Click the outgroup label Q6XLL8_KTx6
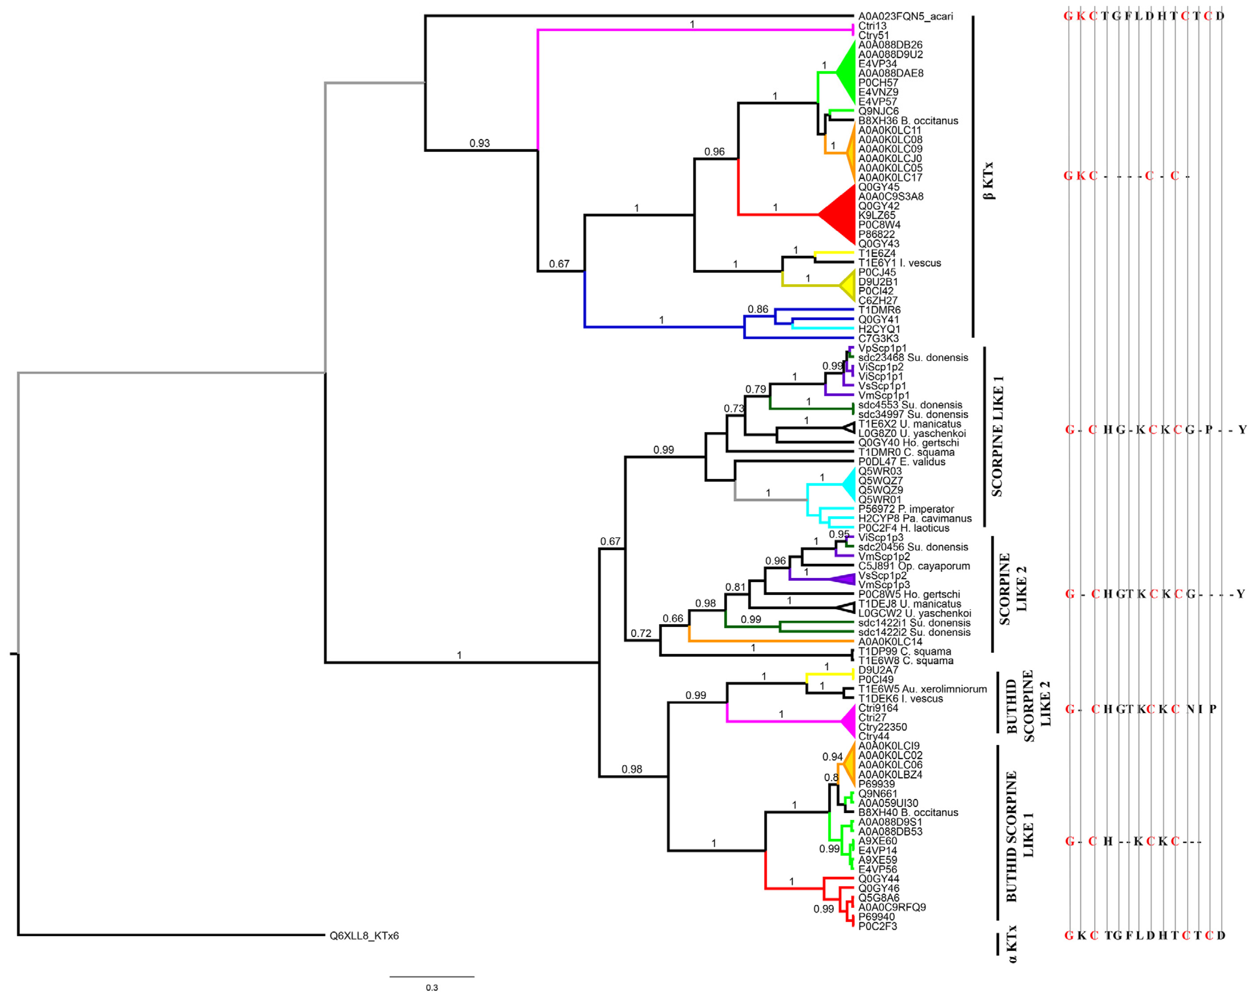tap(364, 936)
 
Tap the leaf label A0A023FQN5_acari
tap(905, 16)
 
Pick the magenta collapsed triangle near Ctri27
tap(849, 721)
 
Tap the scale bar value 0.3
tap(431, 987)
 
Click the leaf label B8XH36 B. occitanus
tap(908, 121)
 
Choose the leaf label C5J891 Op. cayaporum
tap(914, 566)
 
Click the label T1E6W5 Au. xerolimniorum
tap(922, 689)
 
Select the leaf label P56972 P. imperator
tap(906, 509)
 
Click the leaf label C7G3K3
tap(878, 338)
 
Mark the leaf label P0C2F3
tap(877, 926)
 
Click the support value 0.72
tap(641, 633)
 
